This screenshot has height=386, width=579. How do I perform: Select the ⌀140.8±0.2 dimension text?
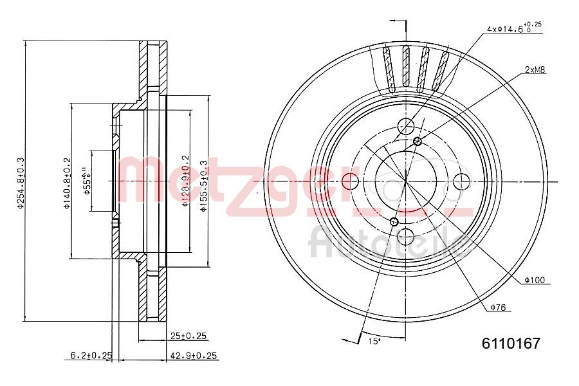coord(66,183)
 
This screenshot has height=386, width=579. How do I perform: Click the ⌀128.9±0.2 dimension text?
coord(185,181)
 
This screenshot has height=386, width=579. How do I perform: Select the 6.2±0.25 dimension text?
coord(91,355)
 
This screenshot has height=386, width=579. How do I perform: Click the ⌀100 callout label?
coord(534,280)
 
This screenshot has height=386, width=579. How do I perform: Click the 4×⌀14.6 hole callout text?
coord(512,28)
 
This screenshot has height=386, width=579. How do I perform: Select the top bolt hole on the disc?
coord(406,126)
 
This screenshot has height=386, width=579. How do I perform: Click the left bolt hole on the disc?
coord(351,181)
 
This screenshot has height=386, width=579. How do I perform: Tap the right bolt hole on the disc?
coord(461,181)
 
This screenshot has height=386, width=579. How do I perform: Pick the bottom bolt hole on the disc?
coord(406,236)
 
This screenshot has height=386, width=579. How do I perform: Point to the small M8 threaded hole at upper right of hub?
coord(418,141)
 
